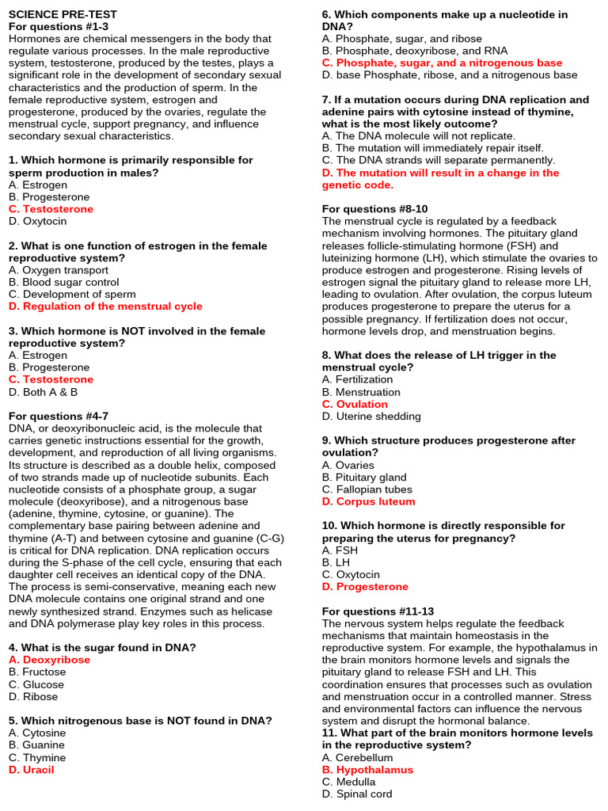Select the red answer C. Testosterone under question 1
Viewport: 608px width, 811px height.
pyautogui.click(x=51, y=209)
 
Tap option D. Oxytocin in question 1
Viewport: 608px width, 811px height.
pyautogui.click(x=38, y=221)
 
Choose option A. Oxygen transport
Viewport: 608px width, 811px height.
pyautogui.click(x=59, y=270)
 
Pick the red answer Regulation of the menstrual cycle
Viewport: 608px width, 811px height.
pyautogui.click(x=105, y=307)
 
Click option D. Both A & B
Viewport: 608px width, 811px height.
pyautogui.click(x=44, y=392)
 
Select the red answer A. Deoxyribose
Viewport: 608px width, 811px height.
pyautogui.click(x=49, y=660)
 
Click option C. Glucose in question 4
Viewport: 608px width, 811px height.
pyautogui.click(x=36, y=684)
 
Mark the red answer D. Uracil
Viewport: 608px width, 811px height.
pyautogui.click(x=32, y=770)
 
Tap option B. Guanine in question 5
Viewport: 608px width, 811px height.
pyautogui.click(x=37, y=745)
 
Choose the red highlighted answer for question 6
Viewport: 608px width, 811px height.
pyautogui.click(x=442, y=63)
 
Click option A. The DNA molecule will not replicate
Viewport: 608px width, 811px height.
pyautogui.click(x=419, y=136)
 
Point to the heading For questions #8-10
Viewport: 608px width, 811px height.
pyautogui.click(x=374, y=209)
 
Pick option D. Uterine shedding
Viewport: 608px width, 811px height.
pyautogui.click(x=371, y=417)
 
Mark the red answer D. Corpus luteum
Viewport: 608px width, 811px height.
pyautogui.click(x=368, y=501)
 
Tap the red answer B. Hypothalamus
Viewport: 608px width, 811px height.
pyautogui.click(x=367, y=770)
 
